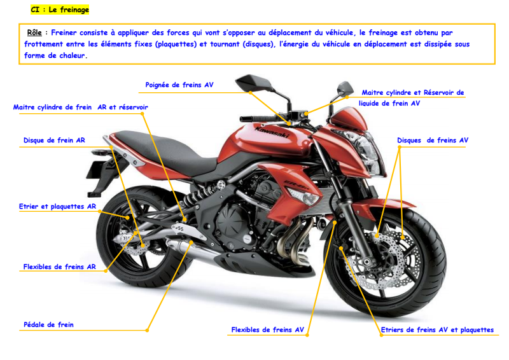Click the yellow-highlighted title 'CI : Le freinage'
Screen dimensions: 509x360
click(60, 10)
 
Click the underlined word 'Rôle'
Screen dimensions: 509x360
click(34, 32)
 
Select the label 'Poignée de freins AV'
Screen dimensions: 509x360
click(179, 85)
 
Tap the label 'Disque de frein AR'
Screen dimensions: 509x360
click(54, 140)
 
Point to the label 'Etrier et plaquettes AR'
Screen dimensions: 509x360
click(57, 206)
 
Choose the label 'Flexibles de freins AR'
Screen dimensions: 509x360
click(59, 267)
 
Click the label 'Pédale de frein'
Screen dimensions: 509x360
click(48, 324)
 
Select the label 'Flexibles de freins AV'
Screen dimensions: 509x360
click(267, 329)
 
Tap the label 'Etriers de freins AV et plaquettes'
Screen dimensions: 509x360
click(437, 329)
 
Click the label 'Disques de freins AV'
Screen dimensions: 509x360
click(433, 140)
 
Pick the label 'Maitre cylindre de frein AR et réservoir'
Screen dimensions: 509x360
click(81, 107)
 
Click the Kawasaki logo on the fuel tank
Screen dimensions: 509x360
click(272, 132)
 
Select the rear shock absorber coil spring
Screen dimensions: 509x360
click(197, 195)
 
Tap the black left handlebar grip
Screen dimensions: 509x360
click(252, 118)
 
